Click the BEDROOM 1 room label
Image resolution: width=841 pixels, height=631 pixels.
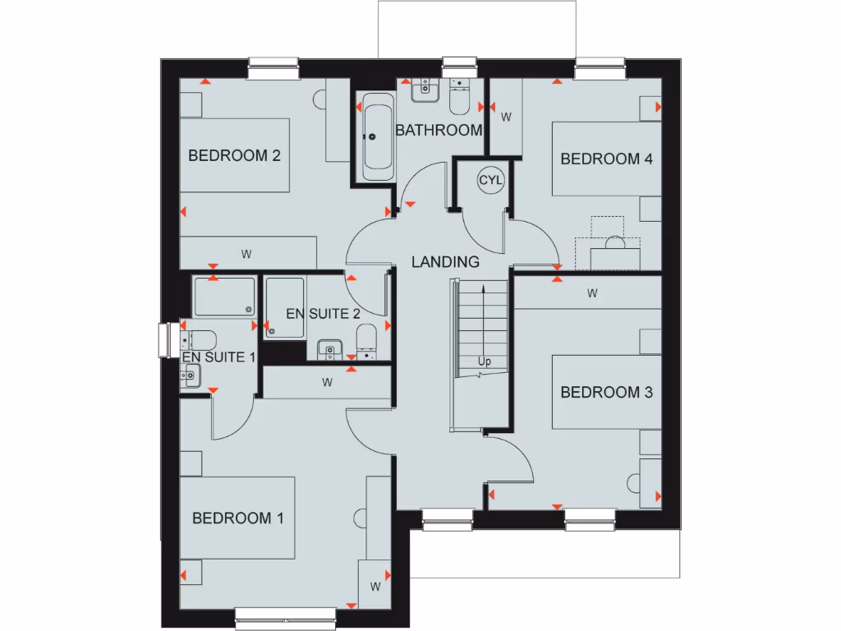[237, 518]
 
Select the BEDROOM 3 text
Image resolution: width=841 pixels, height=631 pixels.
[606, 392]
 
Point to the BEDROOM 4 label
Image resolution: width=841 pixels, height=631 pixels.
[606, 159]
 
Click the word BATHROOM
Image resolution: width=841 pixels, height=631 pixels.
[439, 130]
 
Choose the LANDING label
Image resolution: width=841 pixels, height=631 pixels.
[445, 262]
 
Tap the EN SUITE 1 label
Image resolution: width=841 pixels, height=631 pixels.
[219, 357]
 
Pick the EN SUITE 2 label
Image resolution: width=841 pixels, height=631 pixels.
[323, 313]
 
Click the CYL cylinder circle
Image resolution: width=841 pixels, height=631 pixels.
[490, 180]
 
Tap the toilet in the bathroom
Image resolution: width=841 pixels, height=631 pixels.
[459, 98]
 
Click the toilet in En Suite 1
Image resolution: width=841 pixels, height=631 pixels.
[201, 339]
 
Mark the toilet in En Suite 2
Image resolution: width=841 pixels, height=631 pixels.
[367, 339]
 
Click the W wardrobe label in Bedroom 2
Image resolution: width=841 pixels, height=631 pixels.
[246, 254]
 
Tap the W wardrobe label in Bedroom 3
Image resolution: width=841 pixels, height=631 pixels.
[591, 292]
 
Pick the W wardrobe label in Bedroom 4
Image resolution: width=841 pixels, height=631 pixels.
[506, 117]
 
